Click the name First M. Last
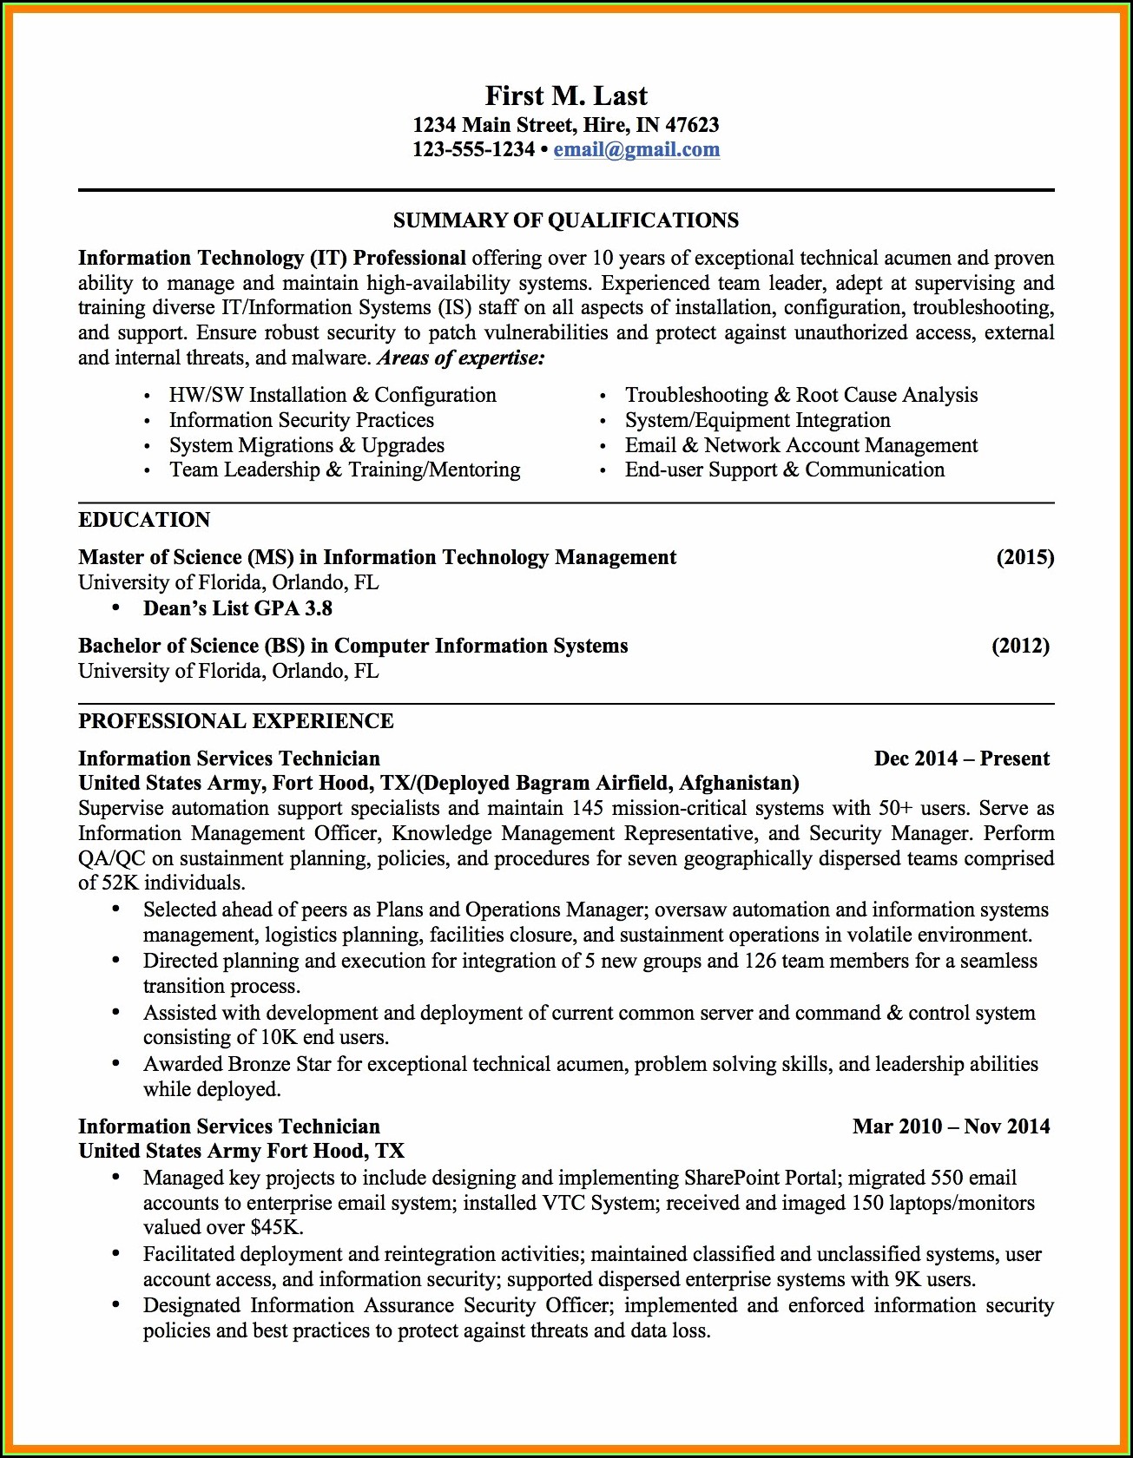[x=566, y=95]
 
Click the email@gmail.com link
[x=636, y=149]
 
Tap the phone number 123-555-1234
[x=473, y=149]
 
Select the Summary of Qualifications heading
[x=566, y=220]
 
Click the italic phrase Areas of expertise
[x=460, y=358]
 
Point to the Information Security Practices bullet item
[x=301, y=420]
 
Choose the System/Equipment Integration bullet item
[x=757, y=420]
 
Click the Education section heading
[x=144, y=520]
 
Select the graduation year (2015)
[x=1024, y=557]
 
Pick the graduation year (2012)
[x=1020, y=646]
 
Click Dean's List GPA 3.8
[x=238, y=608]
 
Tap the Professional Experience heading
[x=236, y=721]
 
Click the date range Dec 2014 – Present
[x=962, y=759]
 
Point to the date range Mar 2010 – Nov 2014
[x=951, y=1126]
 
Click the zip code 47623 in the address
[x=692, y=125]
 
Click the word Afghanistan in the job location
[x=736, y=783]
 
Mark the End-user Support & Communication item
[x=784, y=470]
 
